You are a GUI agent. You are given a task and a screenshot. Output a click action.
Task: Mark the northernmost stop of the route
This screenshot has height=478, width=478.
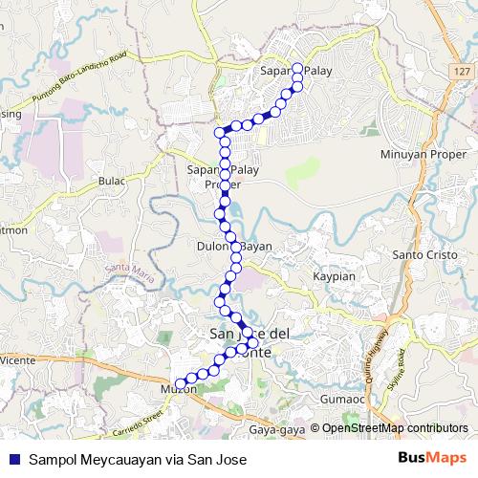tap(297, 68)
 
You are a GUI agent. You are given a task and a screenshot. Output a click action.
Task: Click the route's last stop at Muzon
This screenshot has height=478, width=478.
tap(180, 383)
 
